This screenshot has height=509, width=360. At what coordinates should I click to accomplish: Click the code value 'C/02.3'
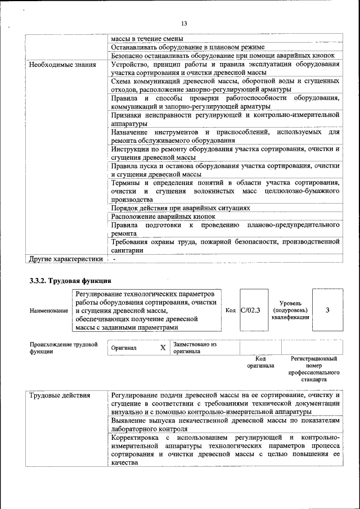click(250, 310)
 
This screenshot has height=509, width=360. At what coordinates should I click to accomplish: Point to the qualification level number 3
click(327, 310)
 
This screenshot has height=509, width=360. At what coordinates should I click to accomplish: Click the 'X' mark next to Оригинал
click(163, 348)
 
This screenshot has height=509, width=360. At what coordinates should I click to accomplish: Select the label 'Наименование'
click(49, 311)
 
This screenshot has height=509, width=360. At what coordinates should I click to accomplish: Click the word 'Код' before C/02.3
click(231, 310)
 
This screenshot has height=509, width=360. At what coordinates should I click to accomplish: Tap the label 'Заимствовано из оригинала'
click(195, 348)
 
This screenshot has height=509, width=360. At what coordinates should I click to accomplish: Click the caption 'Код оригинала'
click(260, 362)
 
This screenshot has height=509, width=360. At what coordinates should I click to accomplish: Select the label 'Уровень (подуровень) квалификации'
click(290, 310)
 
